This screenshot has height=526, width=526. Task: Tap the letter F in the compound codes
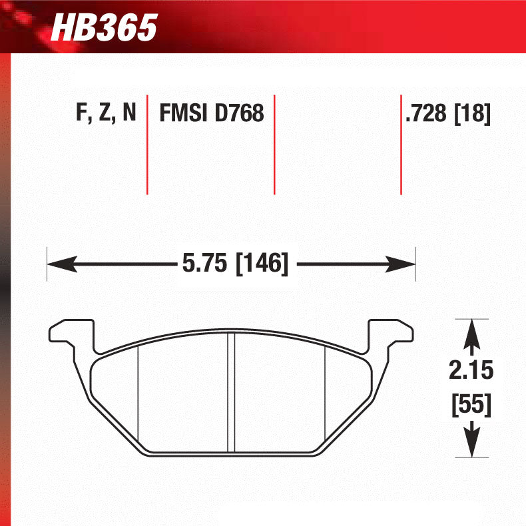point(82,113)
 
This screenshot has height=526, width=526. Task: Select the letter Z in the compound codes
point(105,113)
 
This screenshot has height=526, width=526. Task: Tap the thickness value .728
point(425,114)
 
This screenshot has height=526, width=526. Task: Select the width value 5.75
point(204,264)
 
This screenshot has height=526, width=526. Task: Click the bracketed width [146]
point(262,264)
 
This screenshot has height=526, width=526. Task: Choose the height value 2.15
point(471,370)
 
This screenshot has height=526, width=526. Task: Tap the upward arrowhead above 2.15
point(471,330)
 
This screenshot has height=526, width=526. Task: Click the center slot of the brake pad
point(232,393)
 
